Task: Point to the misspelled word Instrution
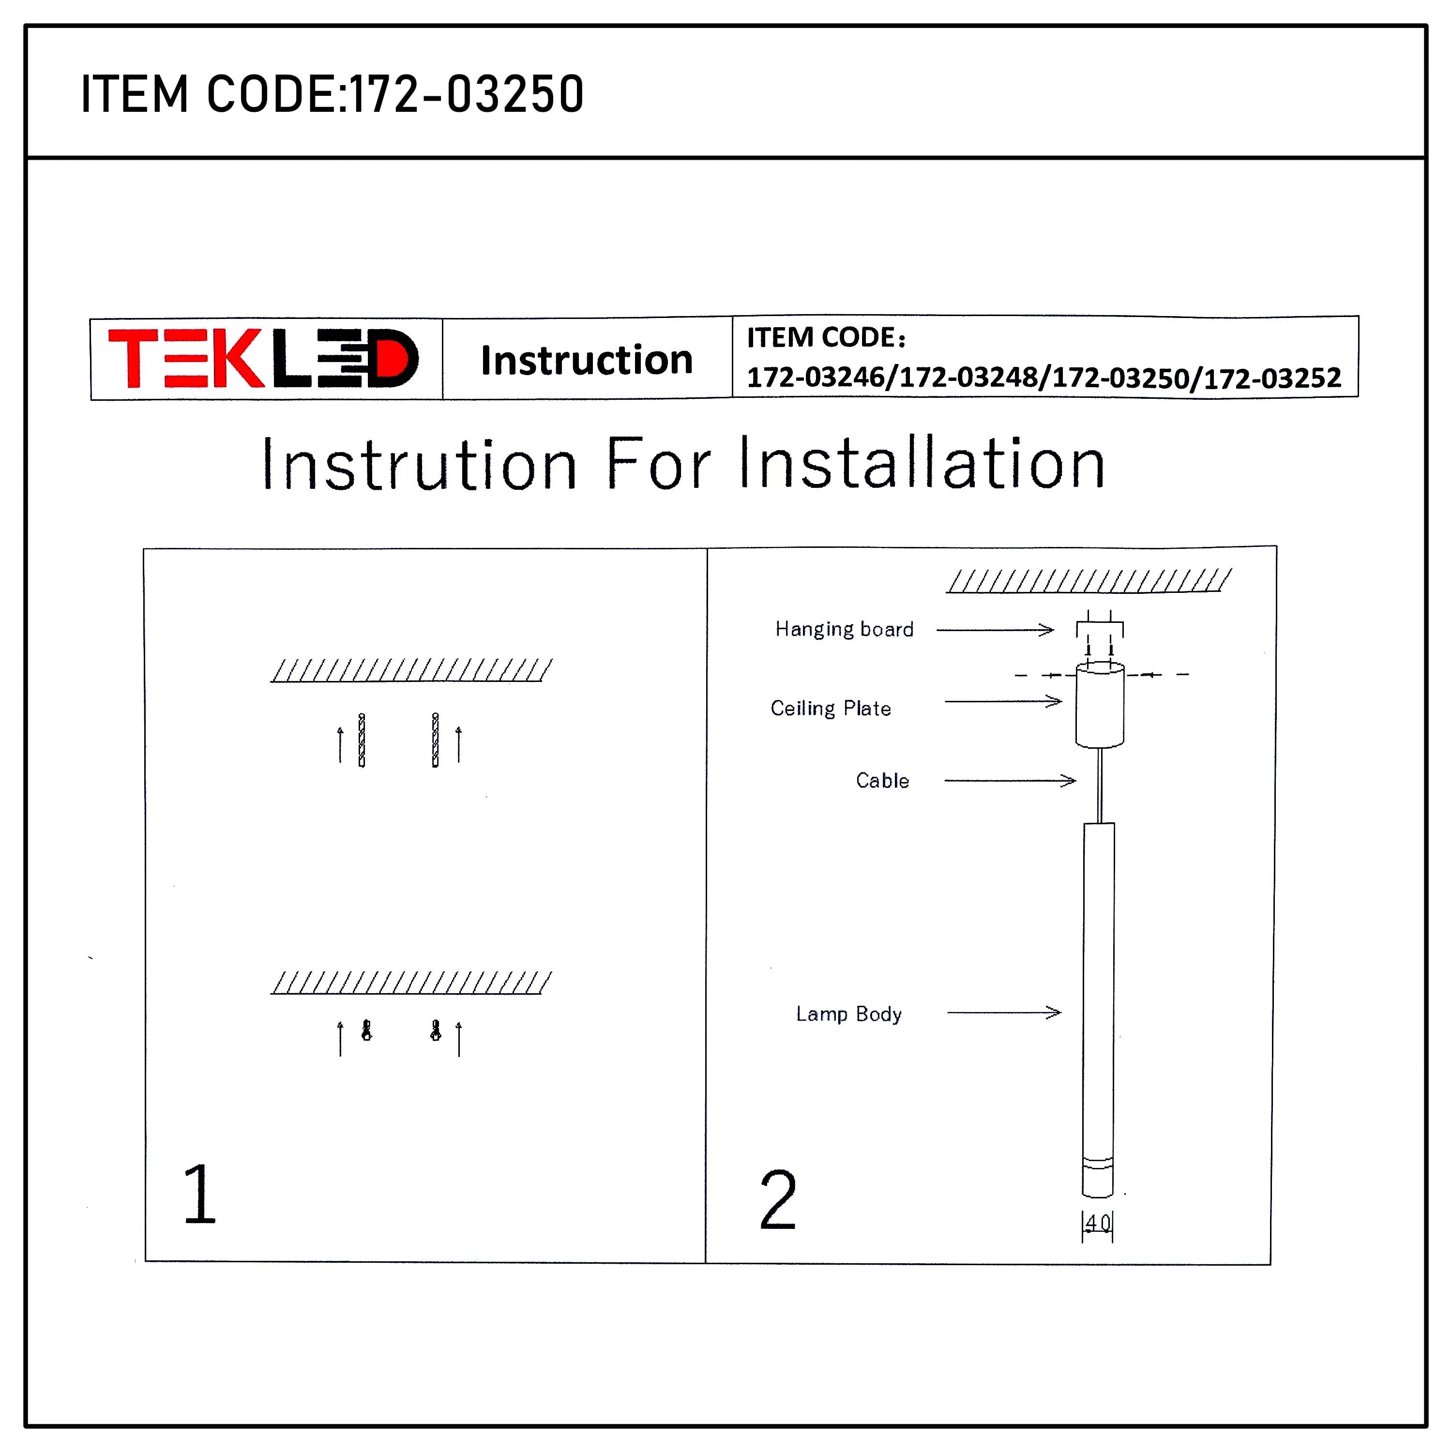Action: (419, 465)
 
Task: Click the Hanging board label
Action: (844, 629)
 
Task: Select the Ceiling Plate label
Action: (831, 708)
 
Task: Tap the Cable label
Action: (882, 780)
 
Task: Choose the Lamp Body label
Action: (848, 1014)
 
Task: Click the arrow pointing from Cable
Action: (1009, 781)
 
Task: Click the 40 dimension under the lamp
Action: (1097, 1223)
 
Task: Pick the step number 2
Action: (777, 1200)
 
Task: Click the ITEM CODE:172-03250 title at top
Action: (332, 95)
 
